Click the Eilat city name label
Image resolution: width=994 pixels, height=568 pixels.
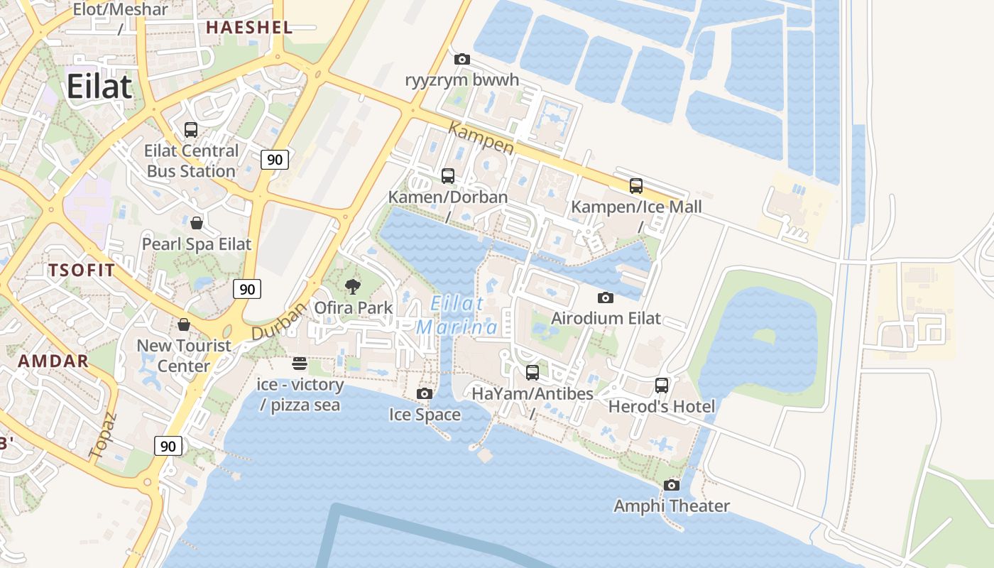(99, 87)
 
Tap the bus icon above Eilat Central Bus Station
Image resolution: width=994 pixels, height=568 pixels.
(191, 130)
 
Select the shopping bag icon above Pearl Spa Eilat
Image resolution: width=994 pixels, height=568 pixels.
(197, 223)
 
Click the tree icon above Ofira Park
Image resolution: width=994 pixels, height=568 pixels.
(352, 287)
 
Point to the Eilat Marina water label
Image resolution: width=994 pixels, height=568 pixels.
(457, 315)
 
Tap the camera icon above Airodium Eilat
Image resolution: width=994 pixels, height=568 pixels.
(605, 297)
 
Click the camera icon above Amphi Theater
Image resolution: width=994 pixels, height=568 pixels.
(671, 485)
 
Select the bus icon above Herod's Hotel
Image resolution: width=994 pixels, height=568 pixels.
(661, 386)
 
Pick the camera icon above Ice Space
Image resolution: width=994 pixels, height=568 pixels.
(424, 393)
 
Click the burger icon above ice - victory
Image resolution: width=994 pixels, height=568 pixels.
(300, 364)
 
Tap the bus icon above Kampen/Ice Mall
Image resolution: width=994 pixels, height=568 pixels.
(636, 186)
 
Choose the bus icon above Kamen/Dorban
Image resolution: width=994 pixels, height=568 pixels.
(447, 175)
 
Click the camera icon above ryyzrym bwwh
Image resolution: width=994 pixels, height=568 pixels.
(461, 59)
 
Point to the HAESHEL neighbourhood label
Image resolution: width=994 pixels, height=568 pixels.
(248, 28)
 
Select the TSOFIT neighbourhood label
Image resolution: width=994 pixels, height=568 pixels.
(82, 270)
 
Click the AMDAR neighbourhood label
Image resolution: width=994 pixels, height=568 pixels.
(53, 361)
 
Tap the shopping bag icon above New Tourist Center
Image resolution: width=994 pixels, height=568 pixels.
(184, 324)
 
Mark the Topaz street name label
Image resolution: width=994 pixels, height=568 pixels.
(101, 434)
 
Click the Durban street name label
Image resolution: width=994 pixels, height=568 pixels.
(279, 321)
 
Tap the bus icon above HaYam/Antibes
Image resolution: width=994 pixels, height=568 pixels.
(532, 372)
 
